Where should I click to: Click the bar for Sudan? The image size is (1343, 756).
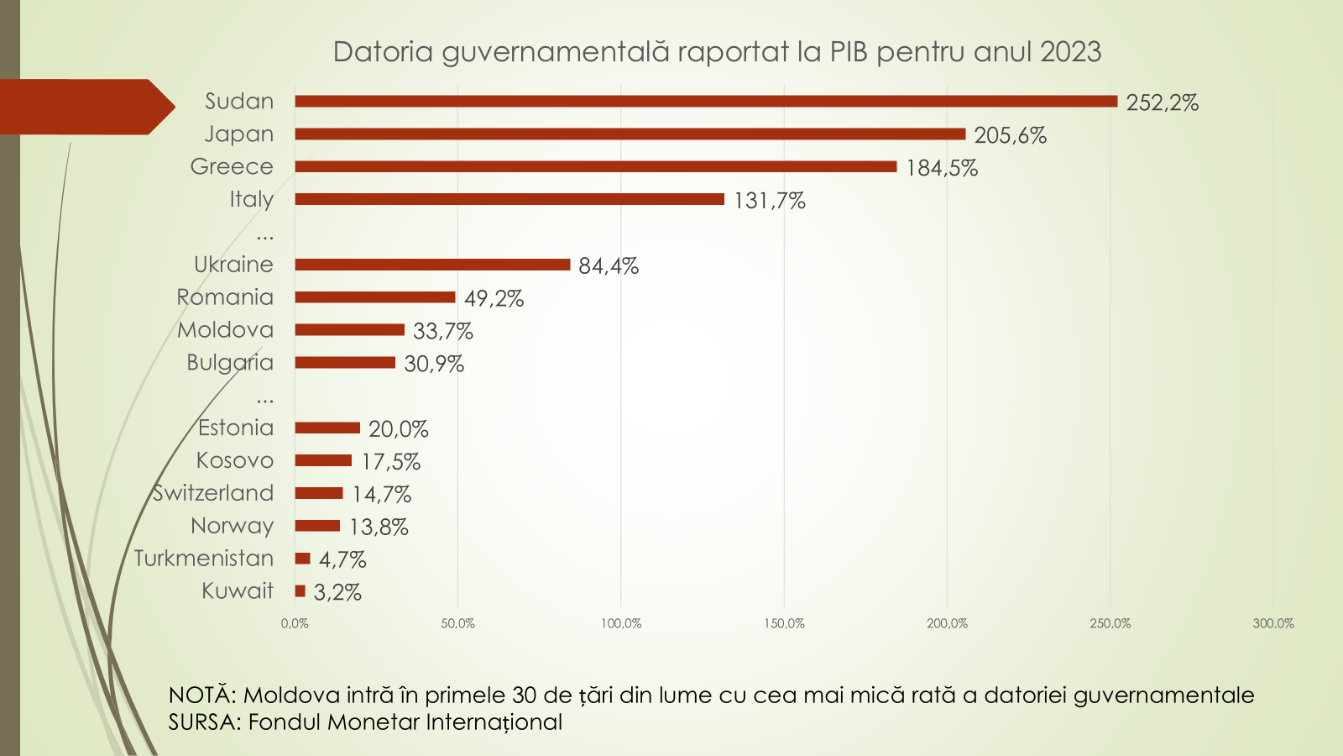705,102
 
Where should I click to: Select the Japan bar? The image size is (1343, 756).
630,134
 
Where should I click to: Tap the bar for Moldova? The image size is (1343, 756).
349,330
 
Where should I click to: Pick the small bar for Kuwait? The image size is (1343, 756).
300,591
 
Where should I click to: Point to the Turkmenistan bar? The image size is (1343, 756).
302,559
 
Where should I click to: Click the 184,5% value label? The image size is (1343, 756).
942,168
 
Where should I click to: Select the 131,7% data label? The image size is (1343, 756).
769,201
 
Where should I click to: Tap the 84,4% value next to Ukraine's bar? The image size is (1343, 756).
609,266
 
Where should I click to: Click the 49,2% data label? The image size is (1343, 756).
494,299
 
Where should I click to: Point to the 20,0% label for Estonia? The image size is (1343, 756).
398,429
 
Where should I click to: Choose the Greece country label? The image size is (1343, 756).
232,166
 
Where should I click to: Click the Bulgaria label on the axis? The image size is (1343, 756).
230,363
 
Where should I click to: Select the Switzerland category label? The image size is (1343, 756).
213,493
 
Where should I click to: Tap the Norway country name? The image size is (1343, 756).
232,526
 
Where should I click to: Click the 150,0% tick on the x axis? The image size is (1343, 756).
784,623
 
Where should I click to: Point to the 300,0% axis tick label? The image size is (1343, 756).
1272,623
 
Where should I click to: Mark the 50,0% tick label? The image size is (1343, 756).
457,623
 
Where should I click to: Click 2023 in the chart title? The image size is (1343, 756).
1070,52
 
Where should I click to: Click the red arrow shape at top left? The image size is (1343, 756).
84,107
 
